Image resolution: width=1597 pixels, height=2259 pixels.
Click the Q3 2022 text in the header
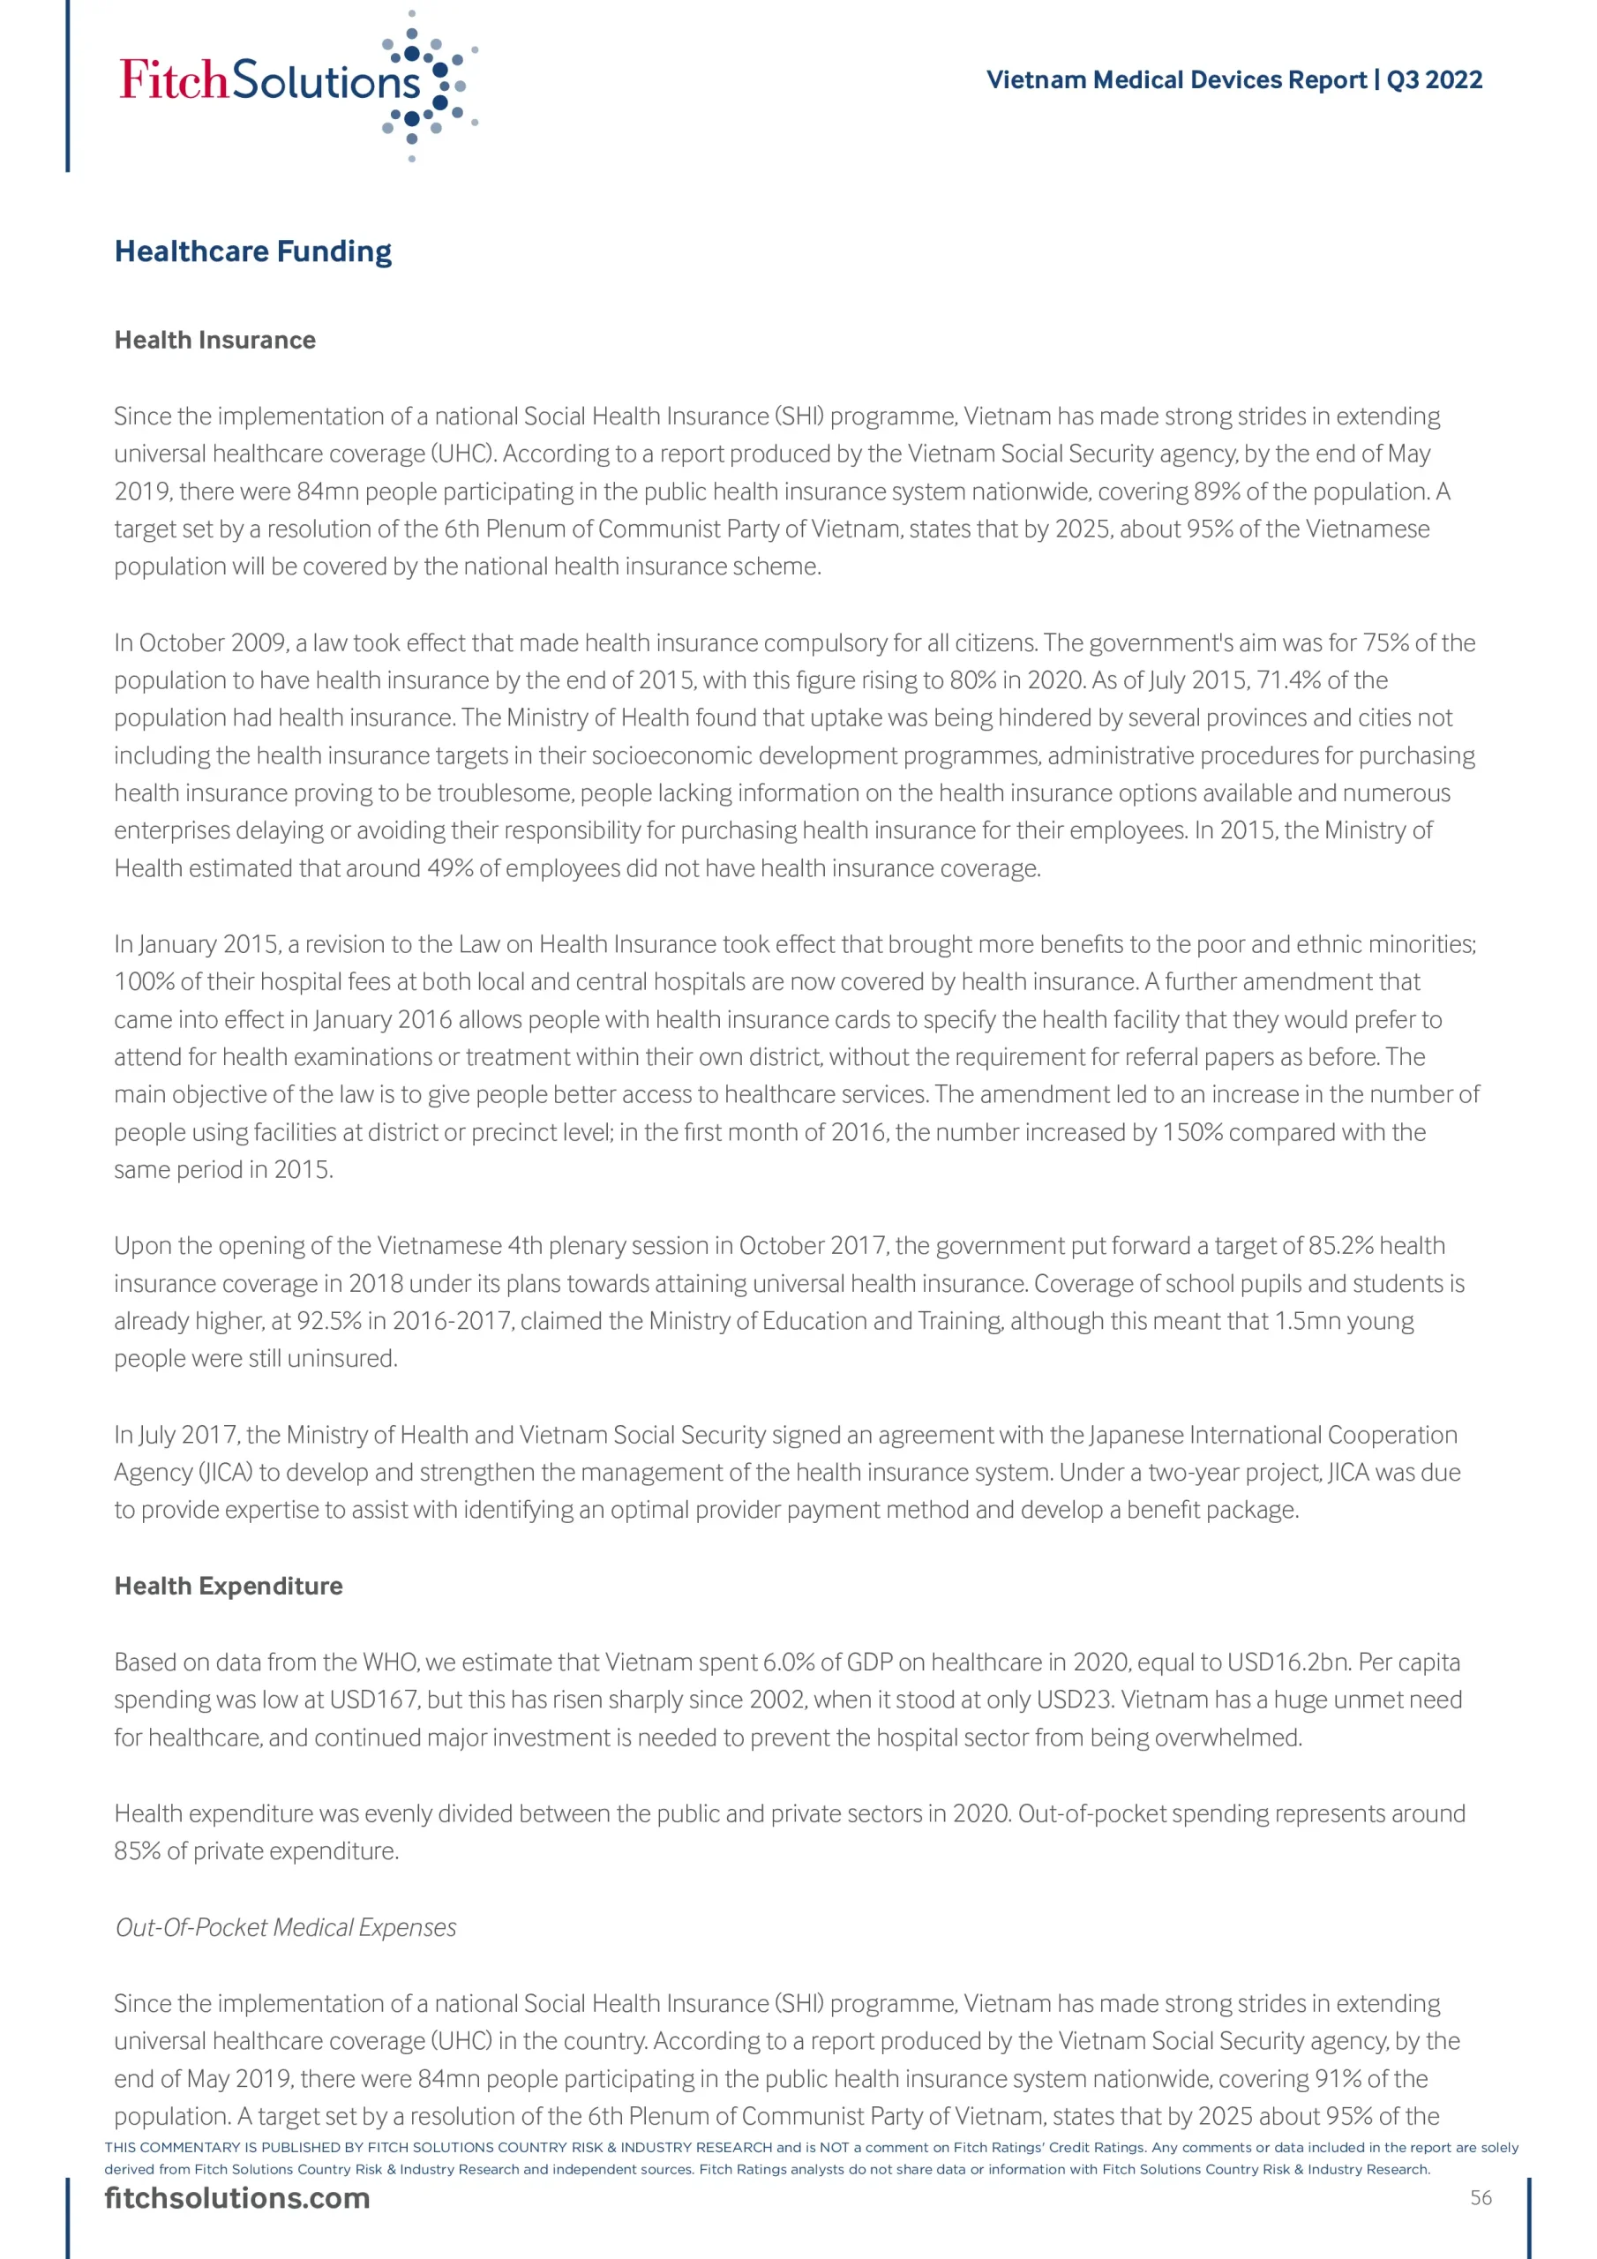coord(1434,79)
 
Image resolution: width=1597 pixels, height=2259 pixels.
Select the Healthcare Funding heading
coord(253,251)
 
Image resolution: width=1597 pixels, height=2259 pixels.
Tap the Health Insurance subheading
coord(214,341)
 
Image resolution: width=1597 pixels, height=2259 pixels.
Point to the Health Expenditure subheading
coord(229,1586)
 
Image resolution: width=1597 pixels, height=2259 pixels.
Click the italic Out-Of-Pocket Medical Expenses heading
coord(285,1927)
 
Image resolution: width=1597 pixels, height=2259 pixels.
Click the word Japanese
coord(1136,1436)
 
